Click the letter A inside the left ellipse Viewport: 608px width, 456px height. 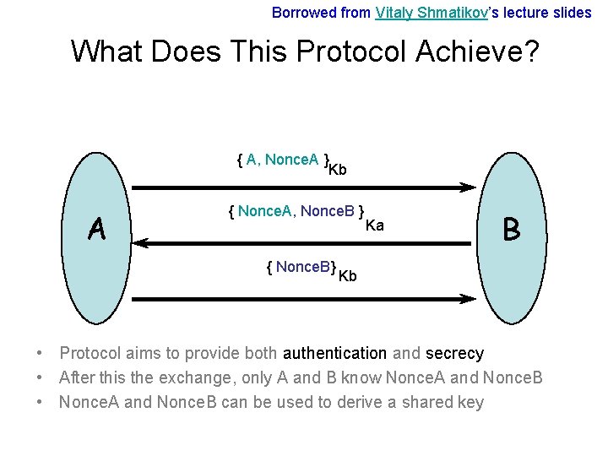[x=98, y=229]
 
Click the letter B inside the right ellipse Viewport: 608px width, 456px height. [x=511, y=229]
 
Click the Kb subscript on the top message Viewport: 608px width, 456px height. [x=337, y=170]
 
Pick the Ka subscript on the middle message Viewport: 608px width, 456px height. [x=374, y=225]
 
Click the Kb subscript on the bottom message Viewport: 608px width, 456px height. [x=347, y=276]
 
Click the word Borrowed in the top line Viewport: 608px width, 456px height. [x=300, y=13]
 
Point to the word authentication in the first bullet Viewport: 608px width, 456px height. [x=335, y=354]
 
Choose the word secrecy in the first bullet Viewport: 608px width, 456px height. [x=454, y=354]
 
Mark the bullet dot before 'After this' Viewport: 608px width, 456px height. [x=41, y=377]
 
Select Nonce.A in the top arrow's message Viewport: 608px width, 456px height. [x=291, y=160]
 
